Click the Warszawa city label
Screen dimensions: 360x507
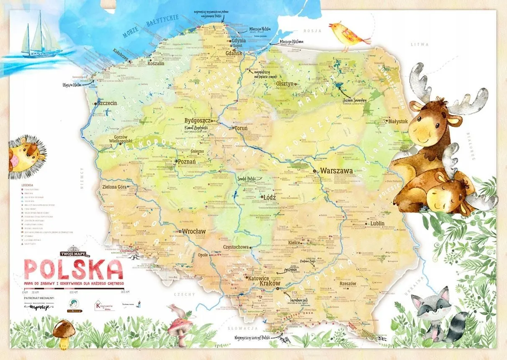(337, 171)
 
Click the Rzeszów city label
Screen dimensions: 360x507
(347, 283)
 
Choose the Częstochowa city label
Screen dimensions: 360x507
(236, 247)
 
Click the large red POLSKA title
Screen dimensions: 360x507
(73, 270)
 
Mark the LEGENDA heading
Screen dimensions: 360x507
(27, 184)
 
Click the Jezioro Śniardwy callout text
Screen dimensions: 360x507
(356, 100)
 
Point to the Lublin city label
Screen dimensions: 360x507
(377, 224)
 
